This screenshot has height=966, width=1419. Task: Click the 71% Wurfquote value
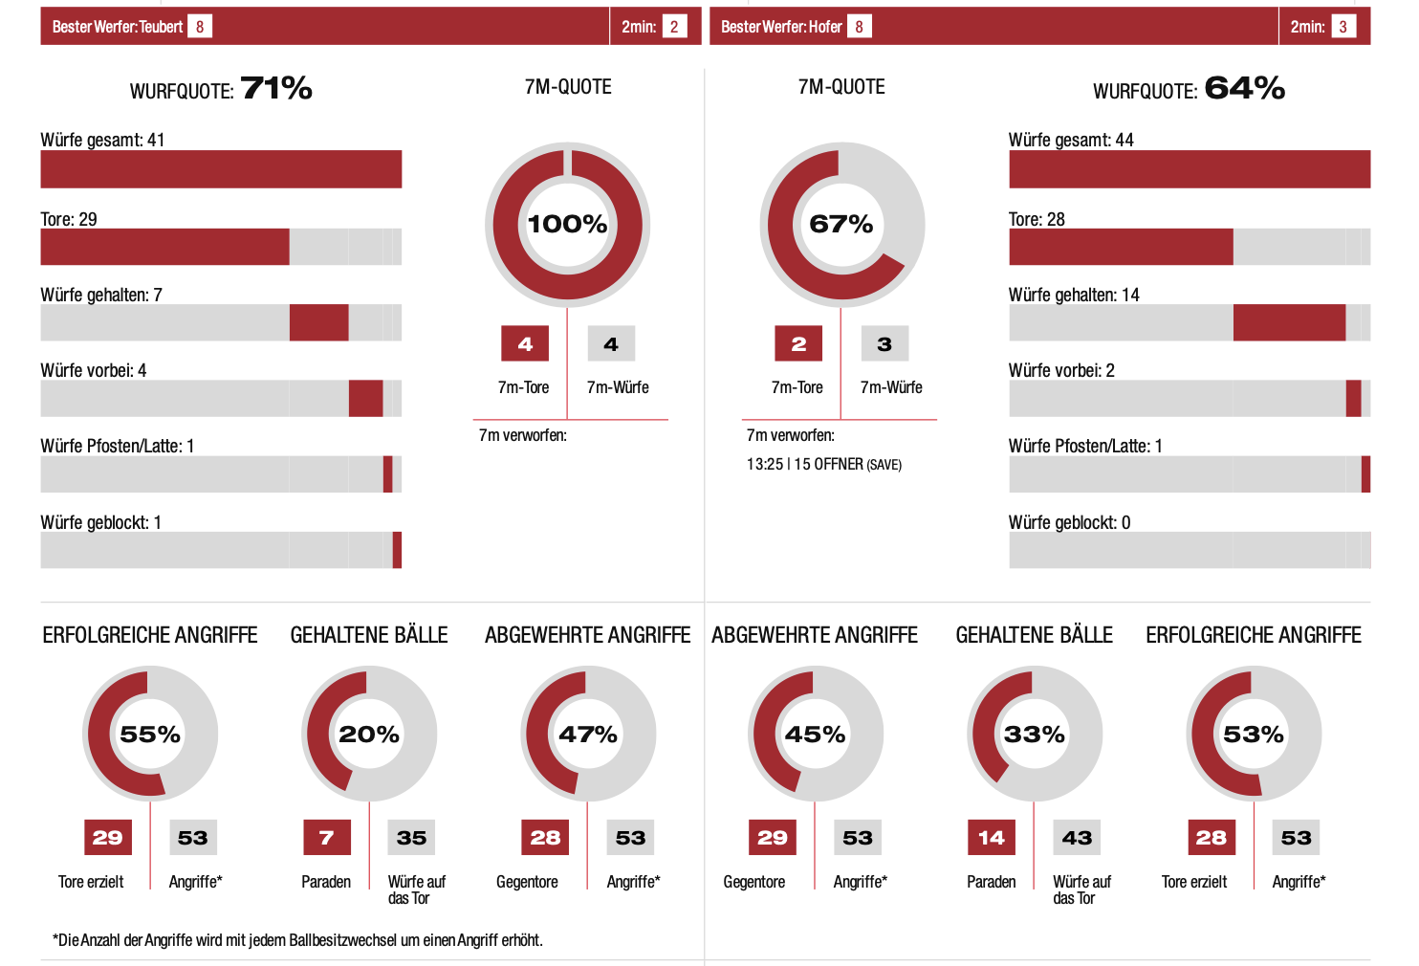(276, 88)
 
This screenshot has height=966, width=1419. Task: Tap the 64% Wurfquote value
(1244, 88)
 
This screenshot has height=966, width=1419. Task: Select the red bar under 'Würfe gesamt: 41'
(221, 169)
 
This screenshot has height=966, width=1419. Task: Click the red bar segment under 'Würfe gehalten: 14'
(1289, 323)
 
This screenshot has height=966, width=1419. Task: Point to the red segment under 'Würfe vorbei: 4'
(365, 399)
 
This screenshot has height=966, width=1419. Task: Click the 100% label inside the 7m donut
(567, 224)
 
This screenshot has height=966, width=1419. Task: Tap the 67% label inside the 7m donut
(841, 224)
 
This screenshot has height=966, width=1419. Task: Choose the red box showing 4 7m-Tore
(525, 344)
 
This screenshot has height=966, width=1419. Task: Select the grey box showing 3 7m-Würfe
(884, 344)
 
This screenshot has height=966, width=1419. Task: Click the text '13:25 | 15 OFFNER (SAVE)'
(823, 465)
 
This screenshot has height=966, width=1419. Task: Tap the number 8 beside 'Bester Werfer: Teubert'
(200, 27)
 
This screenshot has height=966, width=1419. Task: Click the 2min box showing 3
(1343, 27)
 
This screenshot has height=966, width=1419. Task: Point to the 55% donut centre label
(150, 735)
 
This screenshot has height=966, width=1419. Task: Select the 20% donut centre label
(369, 735)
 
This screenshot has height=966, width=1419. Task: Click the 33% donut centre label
(1035, 735)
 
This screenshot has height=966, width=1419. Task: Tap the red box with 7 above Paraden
(327, 838)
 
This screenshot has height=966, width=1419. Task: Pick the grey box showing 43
(1077, 838)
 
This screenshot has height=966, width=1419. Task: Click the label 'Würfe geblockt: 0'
(1069, 522)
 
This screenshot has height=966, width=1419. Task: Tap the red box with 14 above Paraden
(992, 838)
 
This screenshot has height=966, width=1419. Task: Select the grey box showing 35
(411, 838)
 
